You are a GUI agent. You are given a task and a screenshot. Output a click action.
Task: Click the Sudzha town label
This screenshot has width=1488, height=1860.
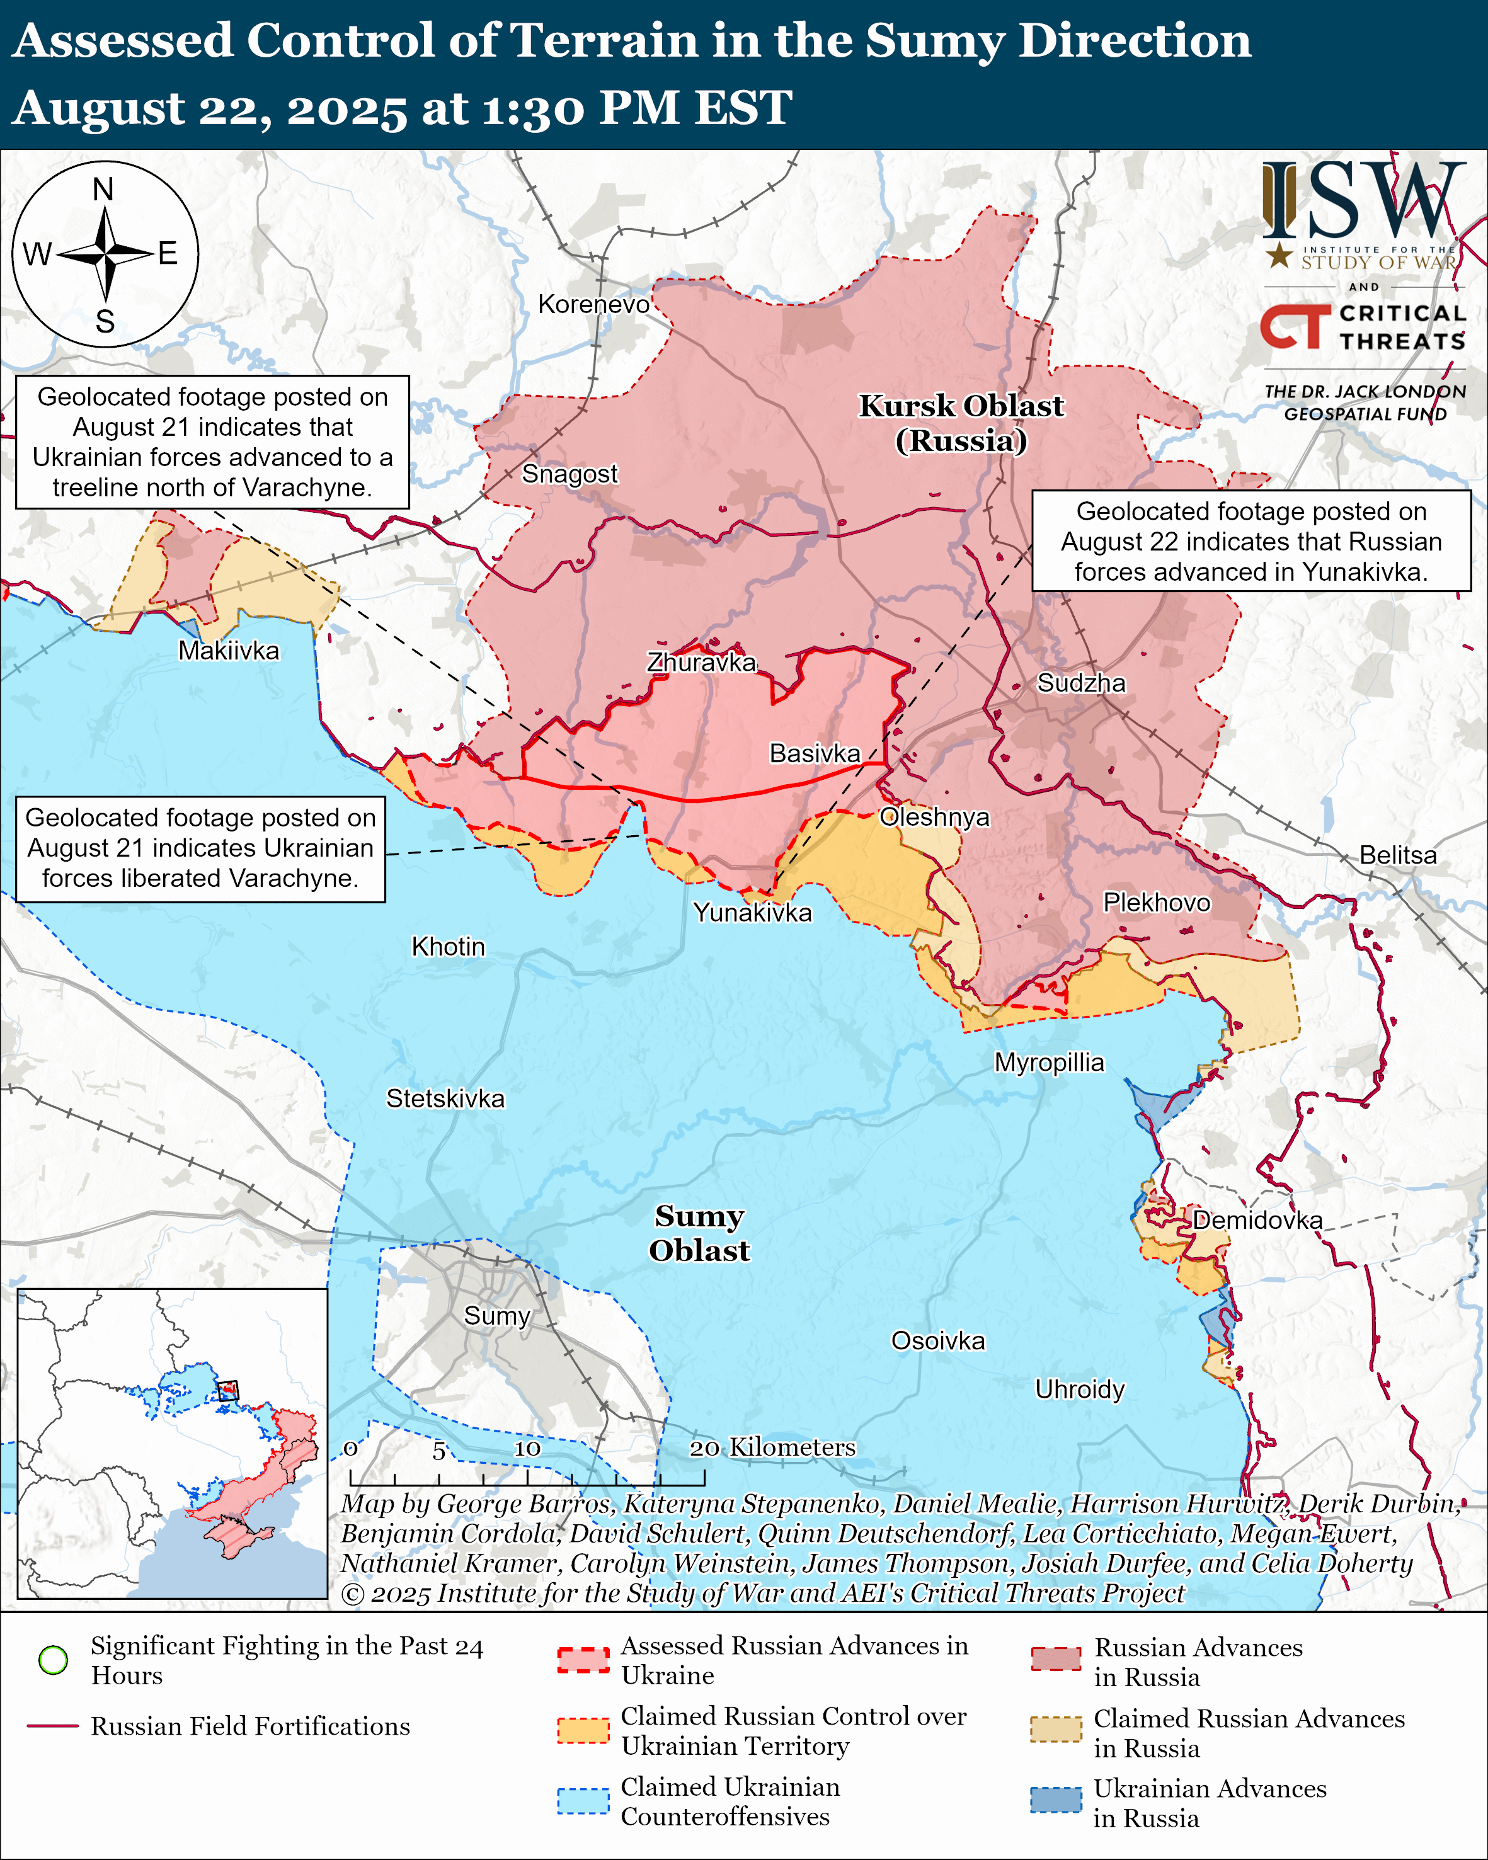(1081, 683)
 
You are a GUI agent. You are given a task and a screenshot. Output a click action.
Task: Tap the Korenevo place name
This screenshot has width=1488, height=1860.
(593, 304)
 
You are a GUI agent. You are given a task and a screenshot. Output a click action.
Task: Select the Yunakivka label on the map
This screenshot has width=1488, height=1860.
(752, 913)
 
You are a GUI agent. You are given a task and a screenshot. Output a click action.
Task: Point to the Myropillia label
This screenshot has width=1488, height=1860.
(1049, 1062)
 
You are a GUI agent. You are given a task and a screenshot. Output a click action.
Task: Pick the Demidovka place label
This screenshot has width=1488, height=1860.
(1257, 1220)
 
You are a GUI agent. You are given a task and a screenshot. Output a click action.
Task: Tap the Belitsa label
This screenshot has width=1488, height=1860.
(1397, 855)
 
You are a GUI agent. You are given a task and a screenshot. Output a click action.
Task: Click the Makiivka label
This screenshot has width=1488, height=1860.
(229, 651)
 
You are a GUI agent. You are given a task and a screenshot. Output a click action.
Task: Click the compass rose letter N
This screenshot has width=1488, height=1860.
(103, 189)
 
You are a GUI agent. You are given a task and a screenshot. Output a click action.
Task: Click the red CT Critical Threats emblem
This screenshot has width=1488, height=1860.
(1295, 326)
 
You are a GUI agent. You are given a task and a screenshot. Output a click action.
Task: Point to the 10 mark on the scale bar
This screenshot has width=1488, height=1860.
(527, 1449)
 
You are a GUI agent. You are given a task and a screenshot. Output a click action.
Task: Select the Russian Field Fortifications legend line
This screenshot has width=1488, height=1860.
(53, 1725)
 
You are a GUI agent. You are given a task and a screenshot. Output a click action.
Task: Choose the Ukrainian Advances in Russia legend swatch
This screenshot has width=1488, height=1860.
(1055, 1800)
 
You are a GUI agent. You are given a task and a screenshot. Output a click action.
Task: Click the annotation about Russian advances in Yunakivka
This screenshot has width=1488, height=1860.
(1250, 541)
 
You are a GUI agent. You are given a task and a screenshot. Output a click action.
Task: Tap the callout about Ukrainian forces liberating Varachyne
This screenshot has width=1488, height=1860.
(200, 848)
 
